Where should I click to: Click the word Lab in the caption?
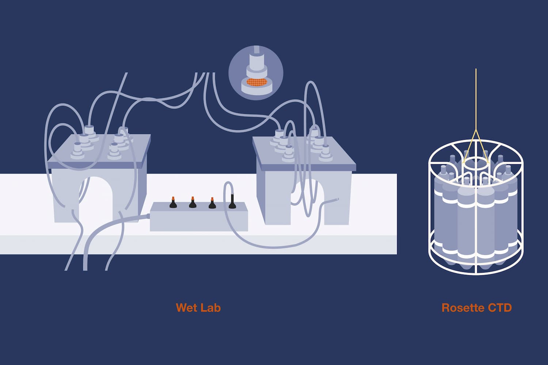(211, 308)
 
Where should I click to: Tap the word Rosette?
(463, 308)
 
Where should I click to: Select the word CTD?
(499, 308)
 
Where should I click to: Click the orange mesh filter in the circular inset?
(255, 83)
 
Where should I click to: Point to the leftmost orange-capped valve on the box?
(174, 203)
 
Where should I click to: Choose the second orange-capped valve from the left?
(193, 203)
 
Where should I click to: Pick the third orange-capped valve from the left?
(212, 203)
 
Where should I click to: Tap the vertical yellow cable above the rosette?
(476, 99)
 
